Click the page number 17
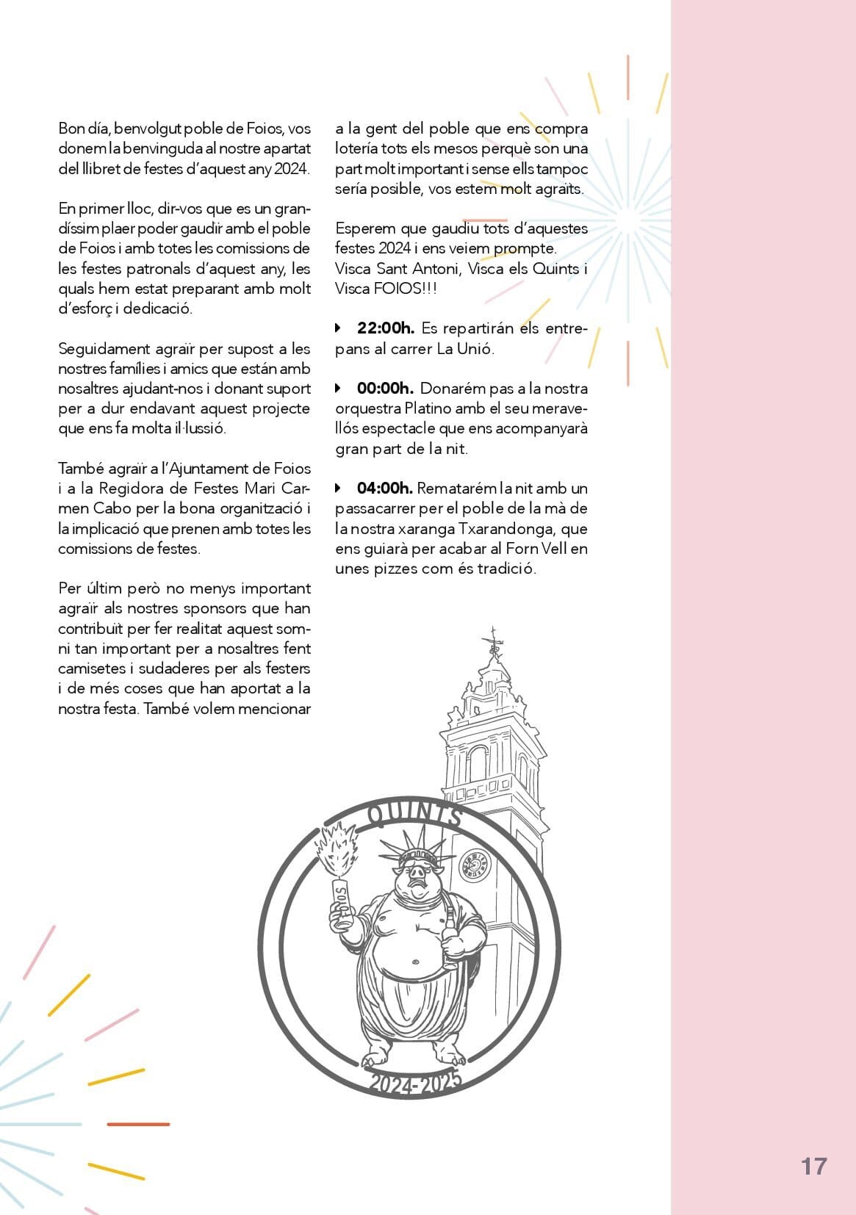pos(813,1167)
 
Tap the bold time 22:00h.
pos(385,328)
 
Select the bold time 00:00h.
pos(385,389)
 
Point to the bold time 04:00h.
pos(385,488)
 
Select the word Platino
pos(428,408)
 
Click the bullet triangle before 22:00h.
pos(339,328)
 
